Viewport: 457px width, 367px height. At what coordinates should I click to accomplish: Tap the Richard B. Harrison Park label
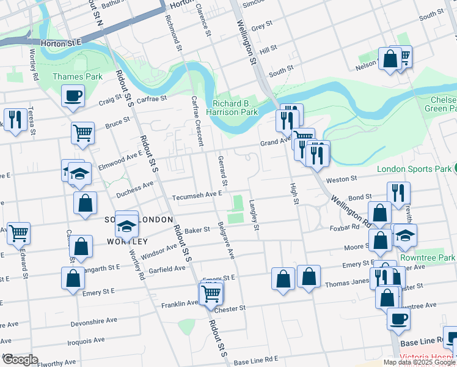pyautogui.click(x=235, y=108)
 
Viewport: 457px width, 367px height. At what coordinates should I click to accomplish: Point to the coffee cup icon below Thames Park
pyautogui.click(x=73, y=96)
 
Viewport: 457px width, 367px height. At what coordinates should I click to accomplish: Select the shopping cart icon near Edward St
pyautogui.click(x=18, y=232)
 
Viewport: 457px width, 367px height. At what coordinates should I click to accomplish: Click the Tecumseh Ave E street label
pyautogui.click(x=197, y=195)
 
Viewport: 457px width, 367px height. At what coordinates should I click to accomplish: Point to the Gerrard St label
pyautogui.click(x=222, y=171)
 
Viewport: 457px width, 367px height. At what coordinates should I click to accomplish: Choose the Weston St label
pyautogui.click(x=341, y=179)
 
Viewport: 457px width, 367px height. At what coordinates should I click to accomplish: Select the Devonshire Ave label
pyautogui.click(x=93, y=320)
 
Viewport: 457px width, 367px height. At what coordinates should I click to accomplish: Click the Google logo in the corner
pyautogui.click(x=21, y=360)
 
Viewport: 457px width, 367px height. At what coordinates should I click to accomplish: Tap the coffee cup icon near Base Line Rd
pyautogui.click(x=398, y=318)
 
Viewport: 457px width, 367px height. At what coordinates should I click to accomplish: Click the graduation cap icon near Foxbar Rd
pyautogui.click(x=404, y=235)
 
